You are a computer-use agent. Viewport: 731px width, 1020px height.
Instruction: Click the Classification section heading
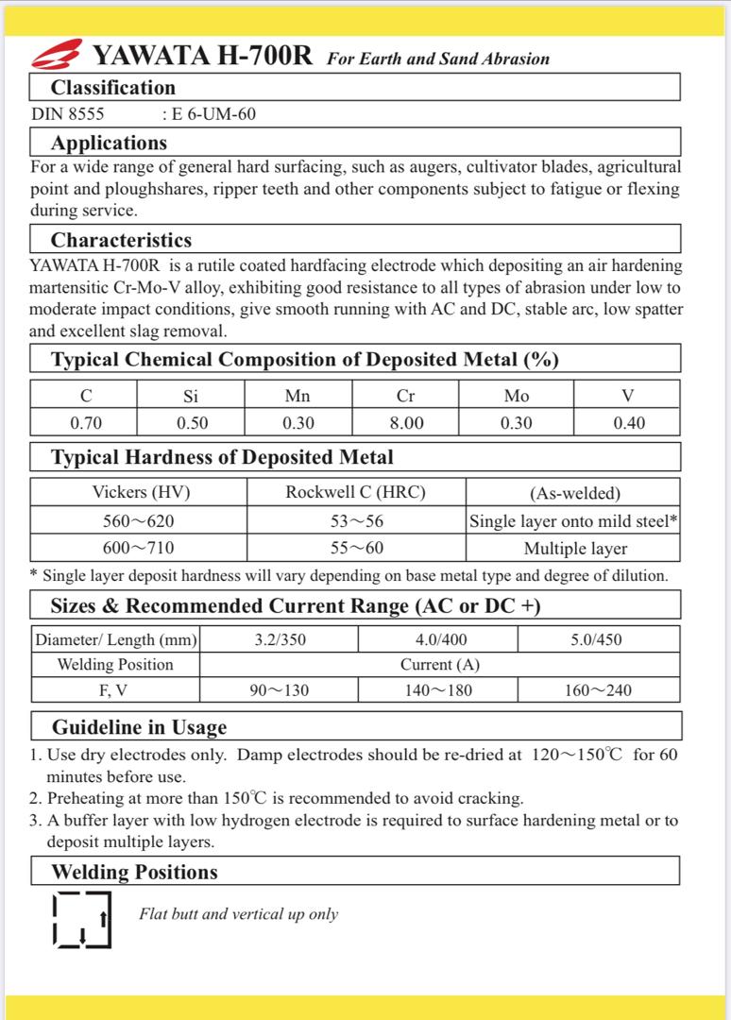[x=112, y=88]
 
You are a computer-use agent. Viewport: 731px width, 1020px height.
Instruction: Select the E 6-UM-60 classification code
[x=209, y=115]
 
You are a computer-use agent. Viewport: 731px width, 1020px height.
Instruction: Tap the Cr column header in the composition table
[x=406, y=396]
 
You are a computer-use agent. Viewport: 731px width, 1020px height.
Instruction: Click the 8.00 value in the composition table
[x=406, y=422]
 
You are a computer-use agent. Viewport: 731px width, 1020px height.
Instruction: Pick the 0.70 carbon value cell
[x=85, y=422]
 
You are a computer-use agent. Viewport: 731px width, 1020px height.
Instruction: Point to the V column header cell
[x=628, y=396]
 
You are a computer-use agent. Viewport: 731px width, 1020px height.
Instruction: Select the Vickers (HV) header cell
[x=139, y=492]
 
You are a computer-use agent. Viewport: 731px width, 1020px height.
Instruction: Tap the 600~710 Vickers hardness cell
[x=139, y=548]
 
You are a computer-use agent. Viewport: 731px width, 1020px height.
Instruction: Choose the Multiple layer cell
[x=574, y=548]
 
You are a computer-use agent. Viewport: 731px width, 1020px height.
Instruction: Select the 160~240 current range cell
[x=598, y=690]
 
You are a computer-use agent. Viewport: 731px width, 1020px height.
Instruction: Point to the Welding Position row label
[x=115, y=664]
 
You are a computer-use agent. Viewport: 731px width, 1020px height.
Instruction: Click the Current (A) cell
[x=439, y=664]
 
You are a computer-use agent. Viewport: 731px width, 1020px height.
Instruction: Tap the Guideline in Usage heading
[x=139, y=727]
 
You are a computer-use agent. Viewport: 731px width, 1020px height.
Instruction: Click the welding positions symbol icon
[x=81, y=917]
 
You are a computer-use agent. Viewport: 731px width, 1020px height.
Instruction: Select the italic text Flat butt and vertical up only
[x=238, y=914]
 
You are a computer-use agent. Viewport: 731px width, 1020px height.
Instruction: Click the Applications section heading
[x=109, y=144]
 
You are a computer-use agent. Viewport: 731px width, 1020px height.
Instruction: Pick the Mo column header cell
[x=517, y=396]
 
